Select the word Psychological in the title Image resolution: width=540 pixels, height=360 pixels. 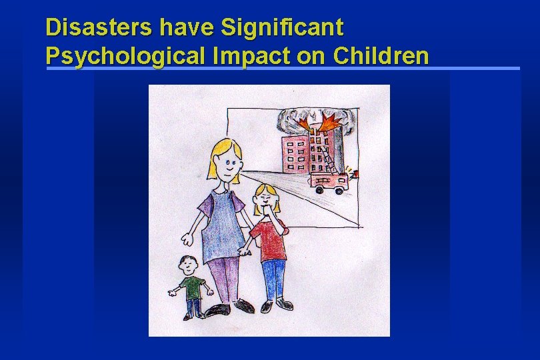click(x=128, y=55)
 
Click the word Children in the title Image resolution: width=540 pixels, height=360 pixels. click(x=381, y=55)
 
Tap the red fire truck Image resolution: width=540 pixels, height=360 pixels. click(x=329, y=181)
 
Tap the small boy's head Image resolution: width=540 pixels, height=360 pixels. click(x=189, y=265)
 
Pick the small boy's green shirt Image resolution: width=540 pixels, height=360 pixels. click(x=191, y=287)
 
